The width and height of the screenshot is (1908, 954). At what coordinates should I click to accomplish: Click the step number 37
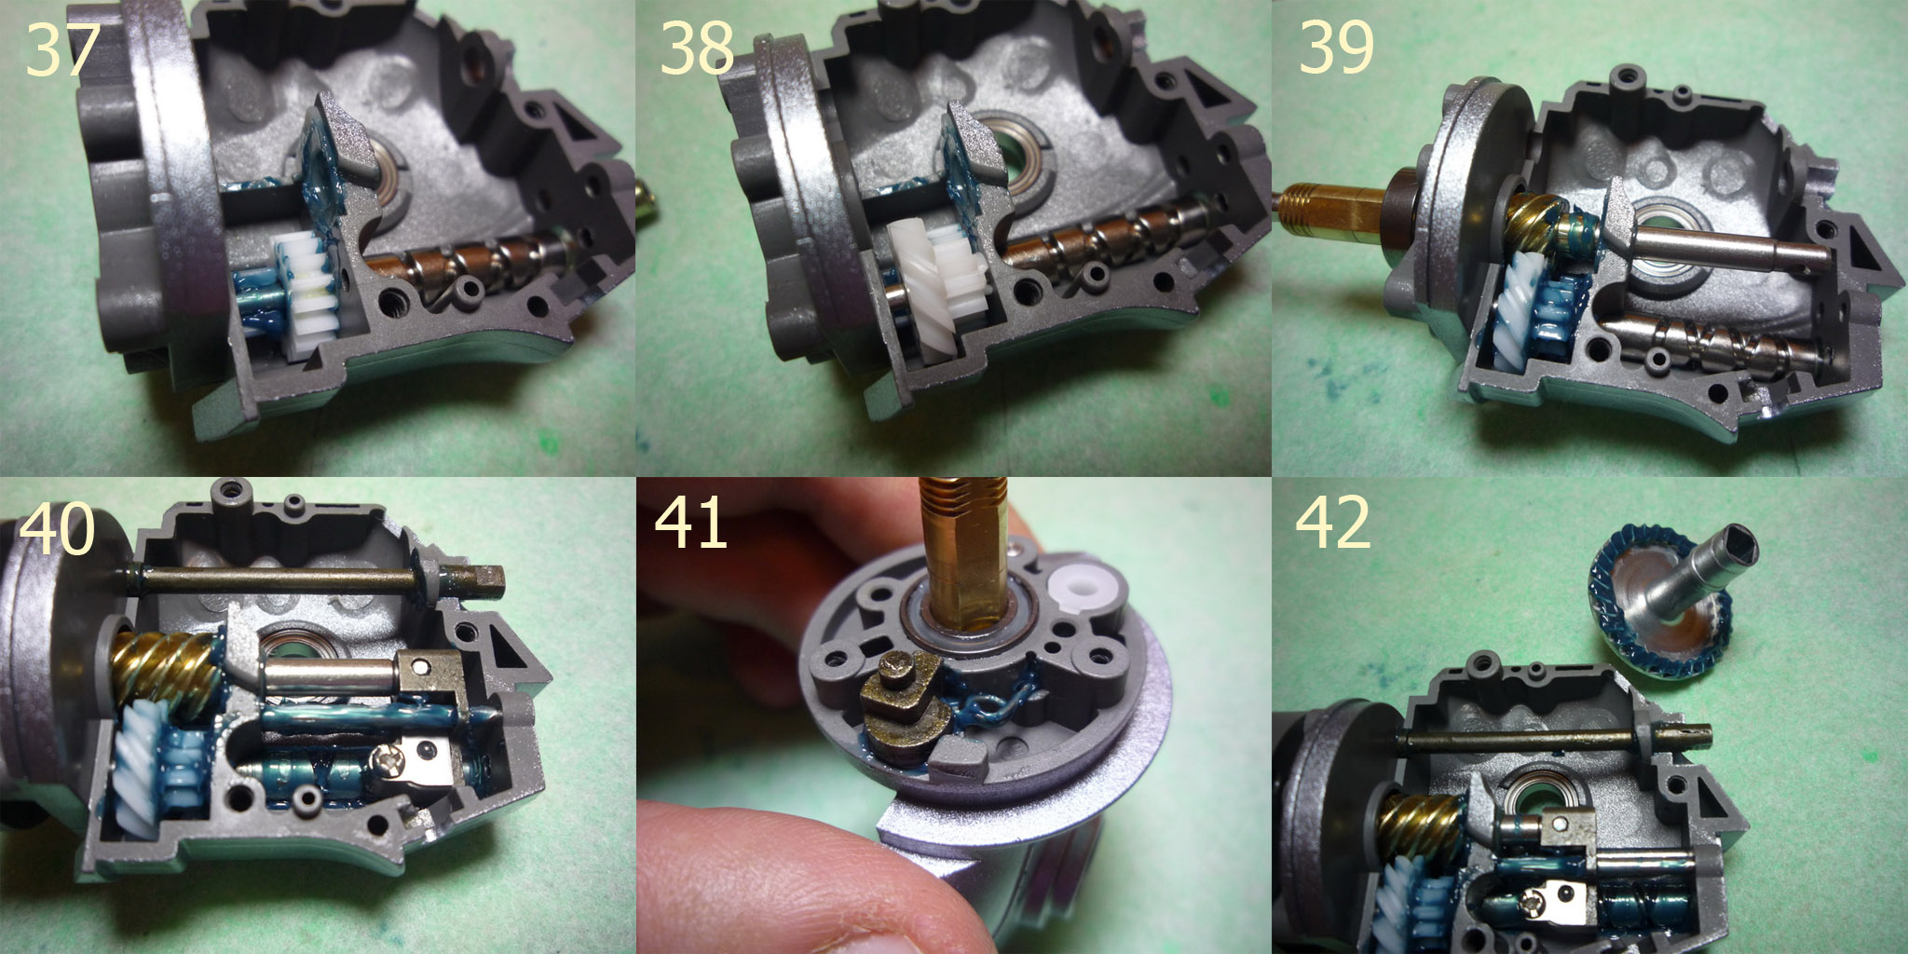tap(62, 49)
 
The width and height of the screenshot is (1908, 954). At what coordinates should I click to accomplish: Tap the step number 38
tap(697, 48)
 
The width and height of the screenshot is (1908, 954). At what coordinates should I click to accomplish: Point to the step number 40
tap(57, 529)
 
